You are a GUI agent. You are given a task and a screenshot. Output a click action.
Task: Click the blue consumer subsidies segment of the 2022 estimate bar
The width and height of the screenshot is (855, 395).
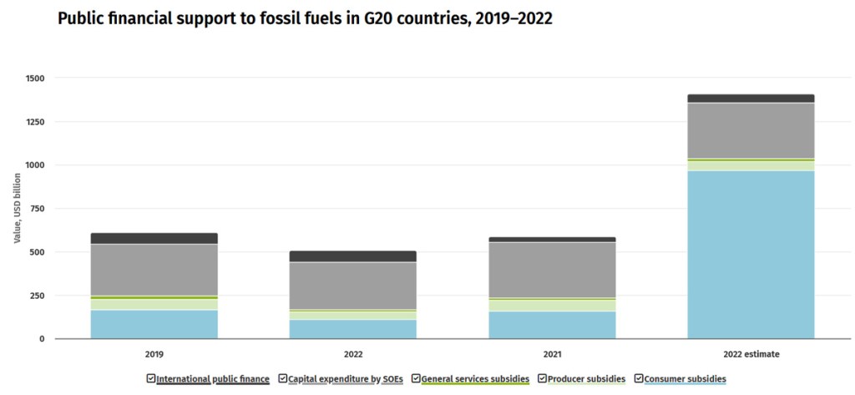pos(751,255)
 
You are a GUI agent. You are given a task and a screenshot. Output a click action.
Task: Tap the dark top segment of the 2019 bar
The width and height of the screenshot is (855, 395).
pos(154,238)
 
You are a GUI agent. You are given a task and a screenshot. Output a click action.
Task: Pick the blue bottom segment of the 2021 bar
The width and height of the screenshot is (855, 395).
pos(552,325)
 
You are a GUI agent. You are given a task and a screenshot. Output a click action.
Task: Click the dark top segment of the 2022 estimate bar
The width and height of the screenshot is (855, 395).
pos(751,98)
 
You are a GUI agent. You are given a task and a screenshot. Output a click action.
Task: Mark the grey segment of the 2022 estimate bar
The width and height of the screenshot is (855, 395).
pos(751,130)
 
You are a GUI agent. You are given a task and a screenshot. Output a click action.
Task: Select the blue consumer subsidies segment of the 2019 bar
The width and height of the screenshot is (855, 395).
pos(154,324)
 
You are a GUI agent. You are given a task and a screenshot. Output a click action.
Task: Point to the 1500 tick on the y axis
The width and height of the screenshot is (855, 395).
pos(34,78)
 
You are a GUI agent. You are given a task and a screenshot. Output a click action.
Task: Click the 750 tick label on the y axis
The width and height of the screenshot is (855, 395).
pos(37,209)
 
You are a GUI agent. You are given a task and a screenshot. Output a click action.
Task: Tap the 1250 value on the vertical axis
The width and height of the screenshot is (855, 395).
pos(34,122)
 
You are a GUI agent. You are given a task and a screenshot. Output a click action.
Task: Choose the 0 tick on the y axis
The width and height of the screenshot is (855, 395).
pos(42,339)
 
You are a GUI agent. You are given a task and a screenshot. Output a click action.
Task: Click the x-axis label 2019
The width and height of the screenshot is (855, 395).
pos(154,354)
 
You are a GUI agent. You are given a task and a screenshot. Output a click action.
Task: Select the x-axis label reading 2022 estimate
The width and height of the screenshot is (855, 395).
pos(751,354)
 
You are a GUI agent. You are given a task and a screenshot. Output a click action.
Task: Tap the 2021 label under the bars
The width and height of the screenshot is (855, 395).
pos(552,354)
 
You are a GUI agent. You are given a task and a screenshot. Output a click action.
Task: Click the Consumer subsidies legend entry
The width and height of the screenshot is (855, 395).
pos(685,379)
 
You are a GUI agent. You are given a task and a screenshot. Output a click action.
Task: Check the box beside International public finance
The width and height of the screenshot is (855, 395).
pos(151,378)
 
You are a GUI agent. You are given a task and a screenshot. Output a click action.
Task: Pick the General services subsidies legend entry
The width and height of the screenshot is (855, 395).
pos(475,379)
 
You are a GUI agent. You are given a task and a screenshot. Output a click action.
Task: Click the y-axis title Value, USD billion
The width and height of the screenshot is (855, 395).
pos(18,209)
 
